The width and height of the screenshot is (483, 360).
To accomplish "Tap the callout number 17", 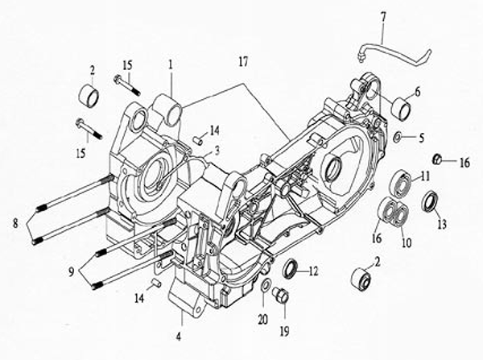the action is point(243,62).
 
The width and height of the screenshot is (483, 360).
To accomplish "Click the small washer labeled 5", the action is point(398,137).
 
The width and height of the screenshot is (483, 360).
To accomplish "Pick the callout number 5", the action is point(421,138).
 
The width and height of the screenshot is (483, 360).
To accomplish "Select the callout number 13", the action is point(442,225).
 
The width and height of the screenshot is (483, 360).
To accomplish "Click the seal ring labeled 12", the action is point(291,269).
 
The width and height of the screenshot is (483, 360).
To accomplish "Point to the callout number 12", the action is point(313,271).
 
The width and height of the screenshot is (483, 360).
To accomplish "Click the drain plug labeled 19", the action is point(281,295).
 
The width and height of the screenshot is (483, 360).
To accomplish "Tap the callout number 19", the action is point(285,331).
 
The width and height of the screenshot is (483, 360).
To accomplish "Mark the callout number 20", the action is point(262,320).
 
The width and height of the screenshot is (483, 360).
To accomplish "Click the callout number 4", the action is point(179,337).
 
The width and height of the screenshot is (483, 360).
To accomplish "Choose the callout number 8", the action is point(15,223).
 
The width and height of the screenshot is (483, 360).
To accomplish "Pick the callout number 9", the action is point(72,271).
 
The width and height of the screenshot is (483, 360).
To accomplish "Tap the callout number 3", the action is point(217,151).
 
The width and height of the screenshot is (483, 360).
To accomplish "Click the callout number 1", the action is point(170,64).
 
